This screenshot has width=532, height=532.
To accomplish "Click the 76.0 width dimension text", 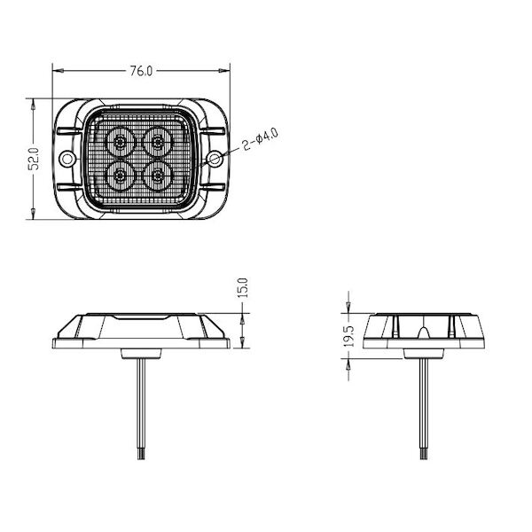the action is tap(142, 71).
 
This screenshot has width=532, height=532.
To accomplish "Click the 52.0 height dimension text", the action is tap(34, 159).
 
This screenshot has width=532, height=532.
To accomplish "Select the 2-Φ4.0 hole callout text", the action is tap(260, 139).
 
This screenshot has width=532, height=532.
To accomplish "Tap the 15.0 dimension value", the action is tap(243, 287).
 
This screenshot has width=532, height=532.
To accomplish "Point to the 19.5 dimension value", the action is tap(348, 336).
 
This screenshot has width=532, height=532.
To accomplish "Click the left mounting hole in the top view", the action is tap(66, 159).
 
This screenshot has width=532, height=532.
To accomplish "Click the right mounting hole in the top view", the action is tap(215, 159).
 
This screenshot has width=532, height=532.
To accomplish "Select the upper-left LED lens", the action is tap(120, 142).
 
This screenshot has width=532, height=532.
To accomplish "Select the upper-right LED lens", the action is tap(157, 142).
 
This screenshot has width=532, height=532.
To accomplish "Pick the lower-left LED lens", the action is tap(120, 176).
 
